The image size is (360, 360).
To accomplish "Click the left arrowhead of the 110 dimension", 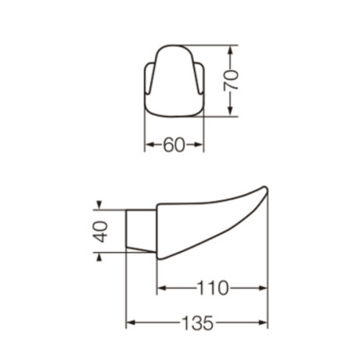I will pyautogui.click(x=161, y=289).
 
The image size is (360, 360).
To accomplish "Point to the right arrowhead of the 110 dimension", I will pyautogui.click(x=263, y=289).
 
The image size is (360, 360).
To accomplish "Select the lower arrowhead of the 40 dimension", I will pyautogui.click(x=99, y=255).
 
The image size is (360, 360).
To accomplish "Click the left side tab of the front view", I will pyautogui.click(x=148, y=83).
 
